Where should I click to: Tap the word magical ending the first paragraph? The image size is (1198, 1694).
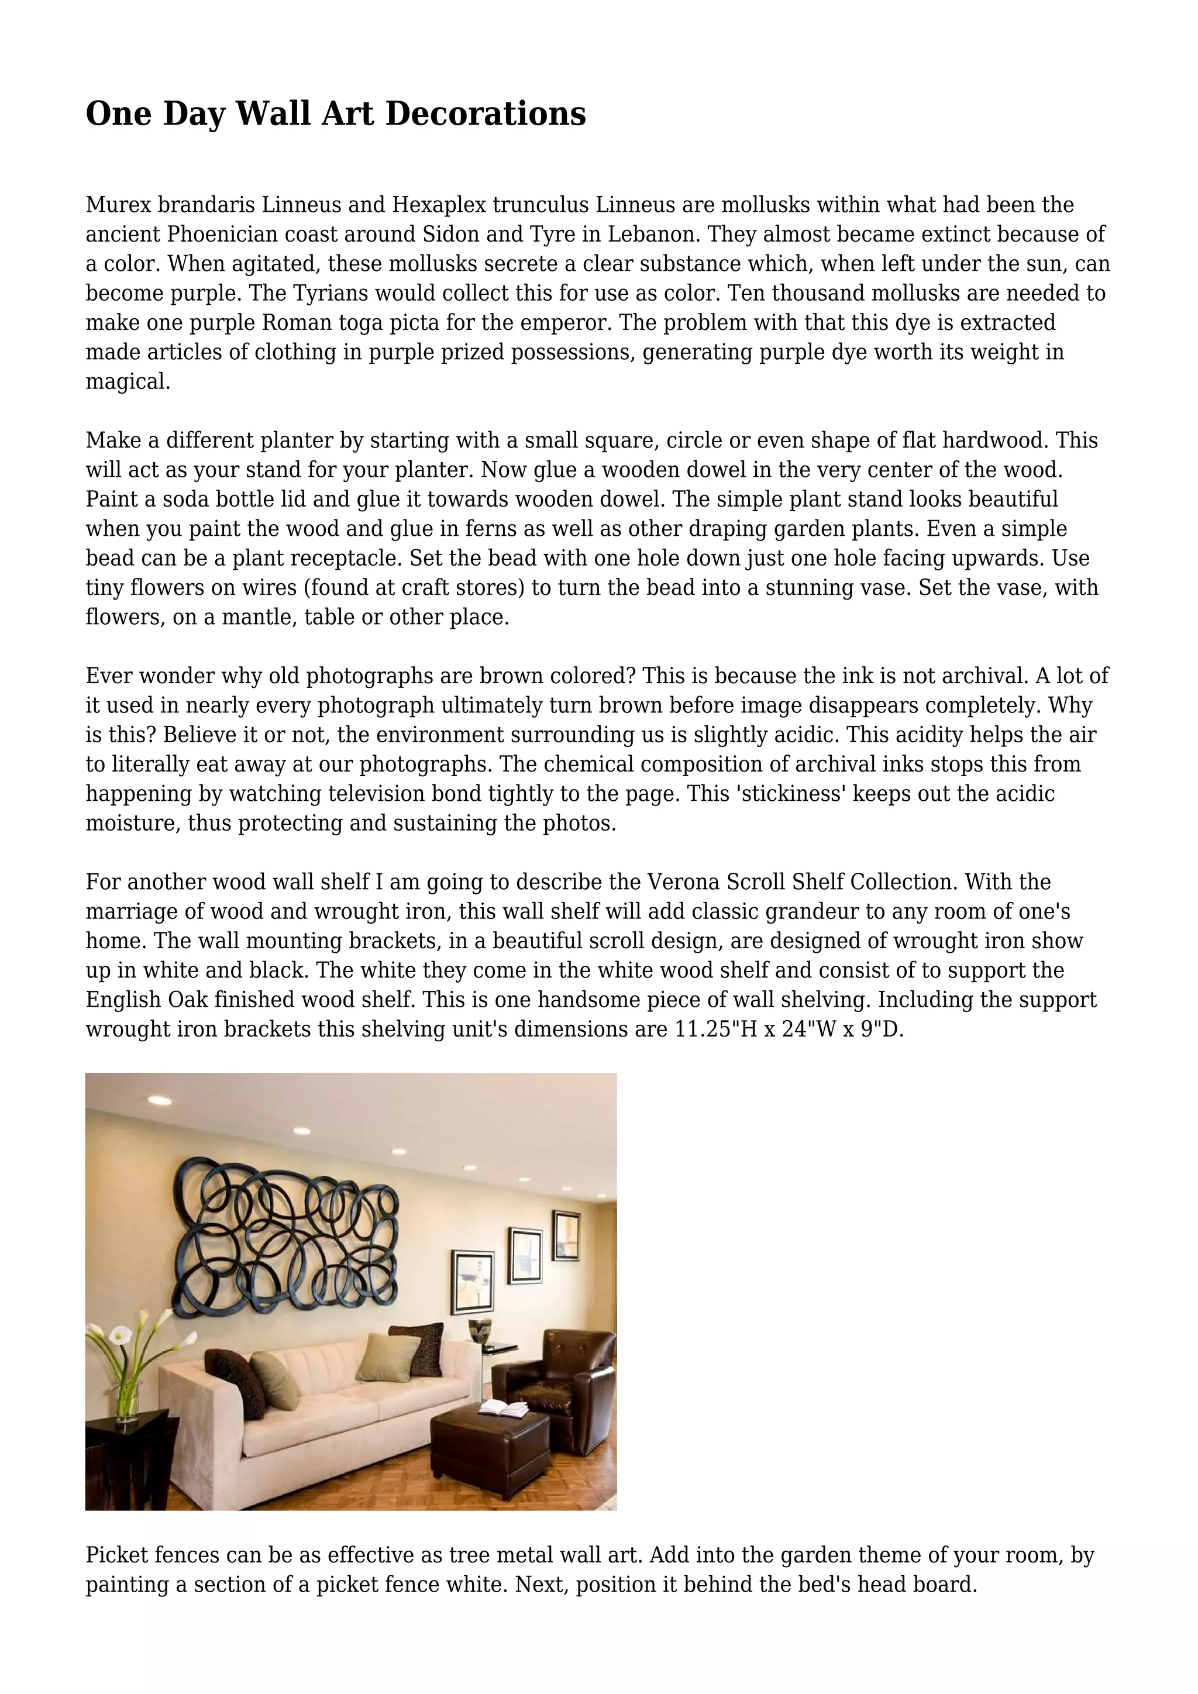coord(127,381)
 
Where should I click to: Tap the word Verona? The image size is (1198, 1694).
coord(683,883)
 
